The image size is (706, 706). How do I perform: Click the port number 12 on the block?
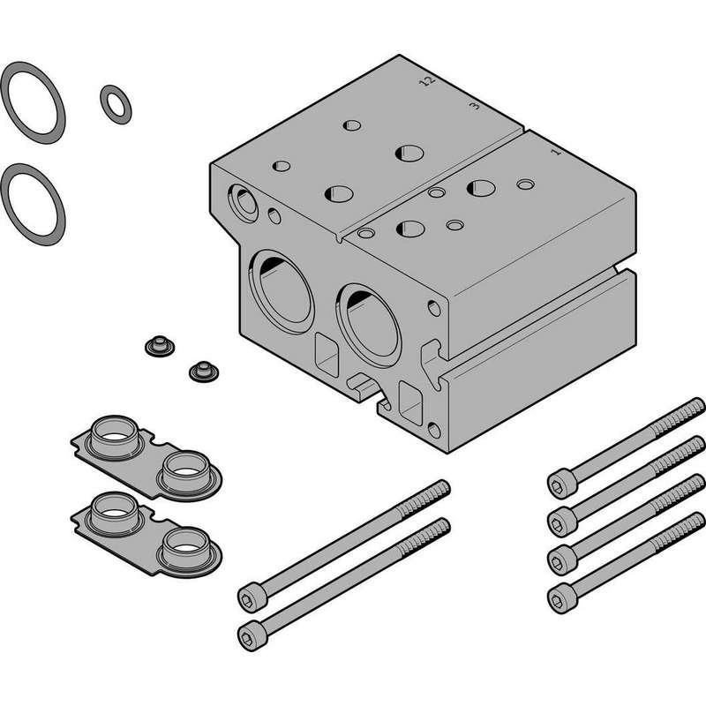(x=427, y=81)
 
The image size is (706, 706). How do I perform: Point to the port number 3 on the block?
(x=474, y=106)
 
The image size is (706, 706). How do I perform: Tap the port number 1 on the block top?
(x=557, y=152)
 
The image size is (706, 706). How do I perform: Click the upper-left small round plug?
(x=160, y=346)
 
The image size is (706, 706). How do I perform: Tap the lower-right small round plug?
(x=204, y=372)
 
